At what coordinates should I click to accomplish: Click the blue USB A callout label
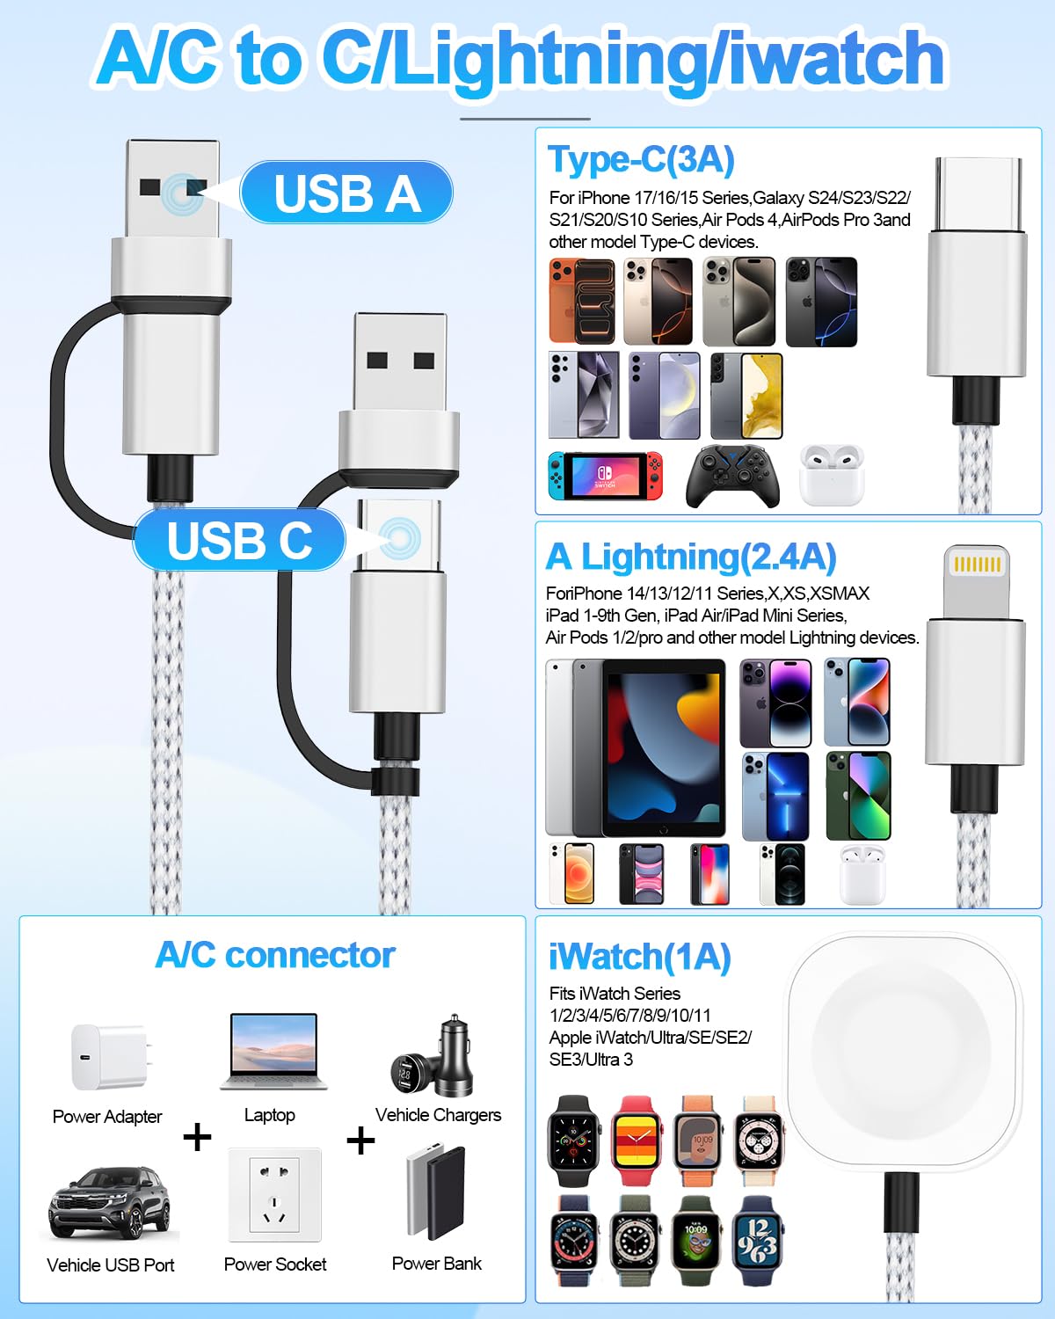[346, 193]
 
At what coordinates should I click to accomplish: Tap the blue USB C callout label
[239, 540]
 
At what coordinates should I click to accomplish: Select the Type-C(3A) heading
[641, 160]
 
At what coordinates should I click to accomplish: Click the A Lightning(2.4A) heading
[691, 557]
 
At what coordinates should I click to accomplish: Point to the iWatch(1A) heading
[640, 957]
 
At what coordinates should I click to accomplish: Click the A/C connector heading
[275, 955]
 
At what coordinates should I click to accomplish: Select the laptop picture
[273, 1052]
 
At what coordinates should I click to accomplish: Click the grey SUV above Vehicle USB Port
[109, 1205]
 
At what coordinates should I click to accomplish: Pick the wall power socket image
[274, 1195]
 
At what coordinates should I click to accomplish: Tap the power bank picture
[436, 1192]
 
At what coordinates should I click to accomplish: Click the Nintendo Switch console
[605, 476]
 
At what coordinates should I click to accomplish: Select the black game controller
[732, 477]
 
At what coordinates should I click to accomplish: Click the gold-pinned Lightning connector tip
[977, 580]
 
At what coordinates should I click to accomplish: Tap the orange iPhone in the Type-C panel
[582, 301]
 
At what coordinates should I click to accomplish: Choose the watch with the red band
[637, 1140]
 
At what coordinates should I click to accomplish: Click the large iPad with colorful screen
[663, 747]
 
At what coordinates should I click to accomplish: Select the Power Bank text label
[436, 1264]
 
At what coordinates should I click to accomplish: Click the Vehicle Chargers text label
[439, 1114]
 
